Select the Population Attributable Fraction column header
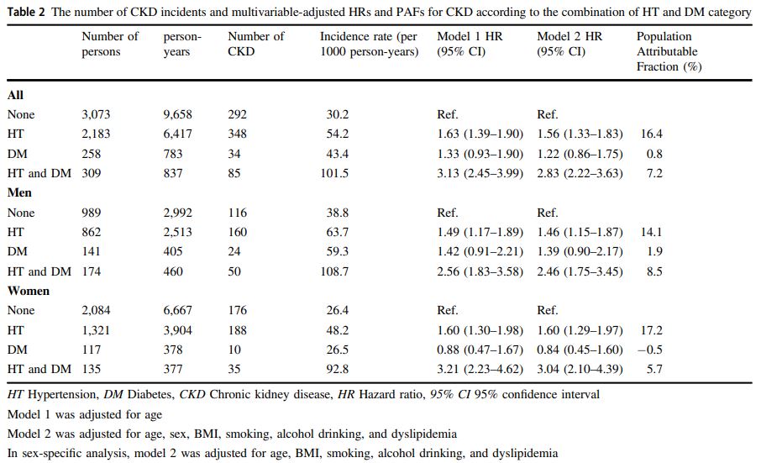(x=669, y=51)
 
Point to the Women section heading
(x=29, y=291)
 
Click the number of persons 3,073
(x=96, y=114)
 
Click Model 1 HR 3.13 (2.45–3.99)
(x=480, y=173)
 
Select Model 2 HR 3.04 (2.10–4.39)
(x=580, y=369)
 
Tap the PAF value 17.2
(x=652, y=330)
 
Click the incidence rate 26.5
(x=337, y=350)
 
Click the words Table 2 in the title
(x=26, y=12)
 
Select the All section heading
(x=15, y=95)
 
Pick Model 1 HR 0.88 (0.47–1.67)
(x=480, y=350)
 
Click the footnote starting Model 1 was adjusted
(x=84, y=414)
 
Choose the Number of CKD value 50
(x=235, y=271)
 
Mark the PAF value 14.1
(x=652, y=232)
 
